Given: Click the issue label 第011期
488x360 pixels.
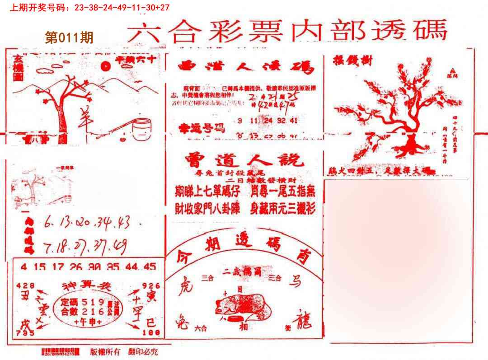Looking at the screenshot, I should (69, 37).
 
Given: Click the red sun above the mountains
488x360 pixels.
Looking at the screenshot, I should (106, 67).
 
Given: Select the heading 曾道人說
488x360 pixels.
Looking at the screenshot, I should (244, 160).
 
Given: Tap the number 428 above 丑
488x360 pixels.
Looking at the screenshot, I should (24, 285).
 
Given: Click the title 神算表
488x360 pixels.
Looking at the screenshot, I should (86, 286).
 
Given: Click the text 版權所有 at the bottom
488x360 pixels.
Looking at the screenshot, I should (105, 352).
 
